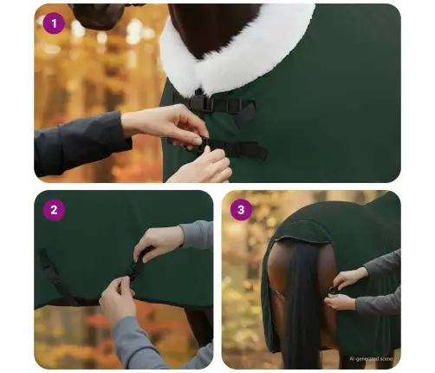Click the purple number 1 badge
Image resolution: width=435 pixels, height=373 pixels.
[54, 23]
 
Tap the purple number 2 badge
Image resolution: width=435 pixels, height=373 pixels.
[54, 210]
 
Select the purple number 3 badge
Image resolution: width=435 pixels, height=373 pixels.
[242, 210]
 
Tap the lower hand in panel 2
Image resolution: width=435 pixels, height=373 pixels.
[119, 299]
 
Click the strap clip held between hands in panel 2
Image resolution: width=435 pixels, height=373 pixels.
[136, 265]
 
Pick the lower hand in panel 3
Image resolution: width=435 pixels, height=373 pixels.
[340, 302]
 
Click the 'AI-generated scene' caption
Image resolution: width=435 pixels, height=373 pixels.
[370, 358]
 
